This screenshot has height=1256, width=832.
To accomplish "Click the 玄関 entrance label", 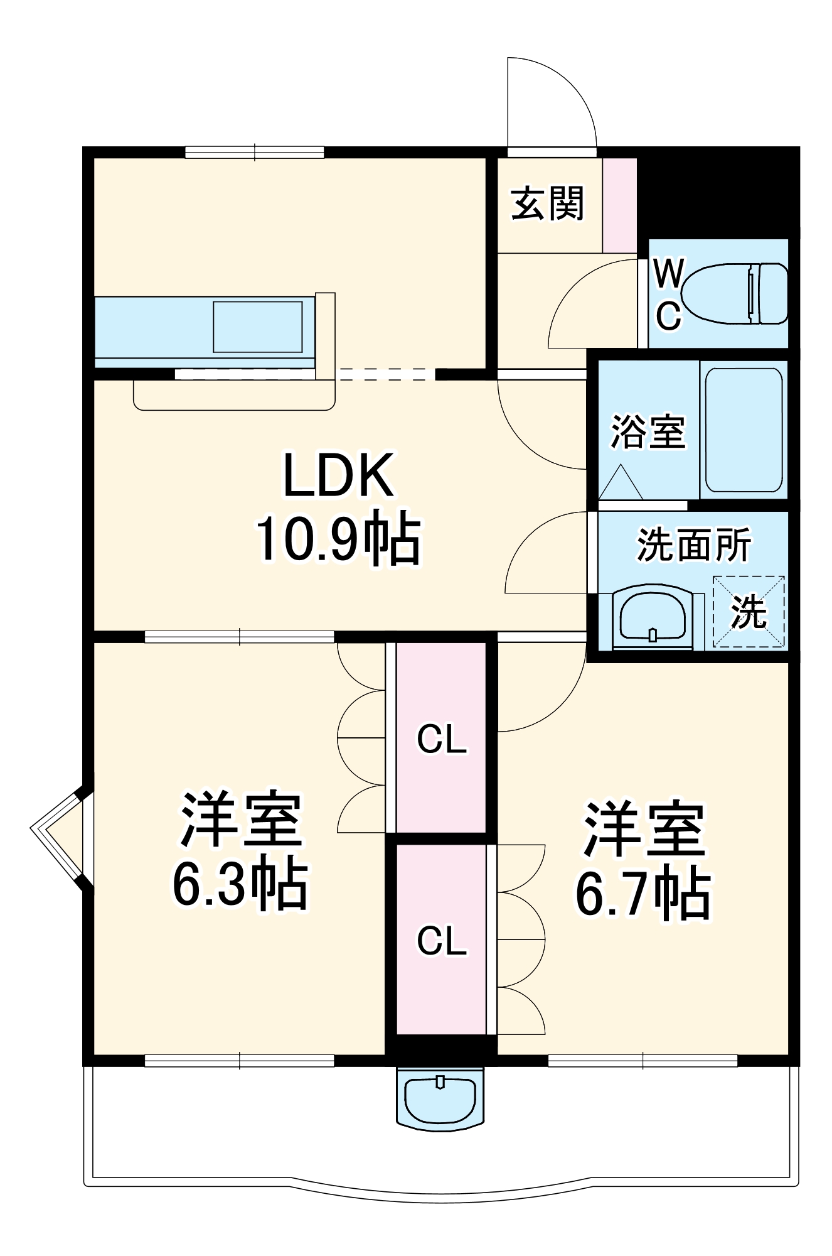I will coord(547,203).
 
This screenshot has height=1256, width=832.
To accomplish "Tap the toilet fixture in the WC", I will coord(734,293).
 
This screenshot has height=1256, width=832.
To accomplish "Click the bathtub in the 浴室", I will coord(744,430).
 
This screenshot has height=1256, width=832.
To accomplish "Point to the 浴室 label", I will coord(648,431).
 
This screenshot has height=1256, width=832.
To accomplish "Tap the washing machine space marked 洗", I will coord(749,612).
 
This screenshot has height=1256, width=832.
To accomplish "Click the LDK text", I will coord(339,475).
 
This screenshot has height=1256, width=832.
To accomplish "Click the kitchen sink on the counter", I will coord(258,327).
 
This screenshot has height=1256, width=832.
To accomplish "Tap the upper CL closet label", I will coord(442,739).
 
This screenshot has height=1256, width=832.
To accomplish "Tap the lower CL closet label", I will coord(442,941).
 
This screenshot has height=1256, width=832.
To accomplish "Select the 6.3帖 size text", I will coord(240,884).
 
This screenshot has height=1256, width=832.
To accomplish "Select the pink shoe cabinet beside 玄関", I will coord(619,205).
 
